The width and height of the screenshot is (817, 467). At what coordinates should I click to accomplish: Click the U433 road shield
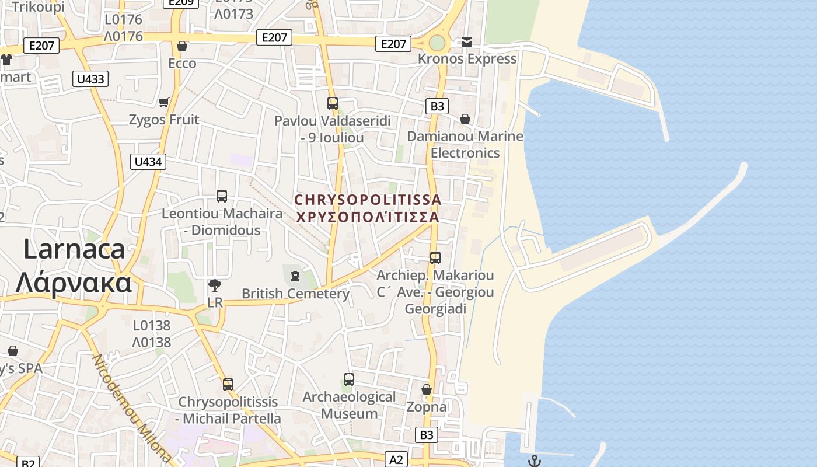coord(90,79)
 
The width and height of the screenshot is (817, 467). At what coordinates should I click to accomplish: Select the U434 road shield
coord(148,162)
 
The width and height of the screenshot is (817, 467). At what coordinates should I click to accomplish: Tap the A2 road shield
coord(396,460)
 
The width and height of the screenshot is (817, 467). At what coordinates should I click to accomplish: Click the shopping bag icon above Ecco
coord(182,46)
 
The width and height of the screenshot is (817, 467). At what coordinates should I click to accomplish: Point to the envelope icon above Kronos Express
coord(467,42)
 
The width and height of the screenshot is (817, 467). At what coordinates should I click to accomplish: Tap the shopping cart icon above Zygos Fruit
coord(164,103)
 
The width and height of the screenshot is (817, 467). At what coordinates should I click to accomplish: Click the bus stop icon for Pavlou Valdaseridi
coord(333,103)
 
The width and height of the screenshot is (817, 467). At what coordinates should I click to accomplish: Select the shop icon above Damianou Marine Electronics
coord(465,119)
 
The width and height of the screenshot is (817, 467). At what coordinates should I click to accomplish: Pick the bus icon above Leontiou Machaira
coord(222,196)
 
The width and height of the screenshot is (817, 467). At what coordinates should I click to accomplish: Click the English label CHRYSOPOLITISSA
coord(368,200)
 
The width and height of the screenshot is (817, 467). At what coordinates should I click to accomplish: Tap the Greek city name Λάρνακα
coord(74,283)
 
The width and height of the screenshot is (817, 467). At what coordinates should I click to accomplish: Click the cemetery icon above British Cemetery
coord(295,276)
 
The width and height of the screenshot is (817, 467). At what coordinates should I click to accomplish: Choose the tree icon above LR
coord(215,285)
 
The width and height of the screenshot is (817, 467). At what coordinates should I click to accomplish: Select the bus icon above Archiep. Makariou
coord(435,257)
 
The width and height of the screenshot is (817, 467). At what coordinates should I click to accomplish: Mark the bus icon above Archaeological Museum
coord(349,379)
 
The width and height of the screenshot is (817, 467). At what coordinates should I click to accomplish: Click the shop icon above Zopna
coord(427,389)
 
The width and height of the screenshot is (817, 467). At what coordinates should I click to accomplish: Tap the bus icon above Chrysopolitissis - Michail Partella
coord(228,385)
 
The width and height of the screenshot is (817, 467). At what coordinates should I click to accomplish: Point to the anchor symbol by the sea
coord(534,461)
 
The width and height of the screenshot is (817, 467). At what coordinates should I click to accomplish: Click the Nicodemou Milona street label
coord(132,408)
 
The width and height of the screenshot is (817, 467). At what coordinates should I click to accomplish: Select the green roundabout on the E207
coord(437,43)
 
